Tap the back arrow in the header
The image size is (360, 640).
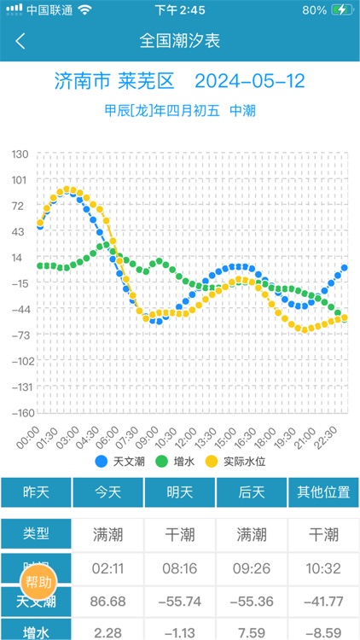pyautogui.click(x=20, y=40)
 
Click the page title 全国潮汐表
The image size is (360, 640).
pyautogui.click(x=180, y=40)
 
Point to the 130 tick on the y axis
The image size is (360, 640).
pyautogui.click(x=20, y=154)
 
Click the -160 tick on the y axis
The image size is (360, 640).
pyautogui.click(x=18, y=412)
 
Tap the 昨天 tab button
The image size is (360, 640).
pyautogui.click(x=36, y=493)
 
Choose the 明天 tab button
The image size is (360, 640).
pyautogui.click(x=180, y=493)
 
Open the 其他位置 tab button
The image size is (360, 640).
pyautogui.click(x=323, y=493)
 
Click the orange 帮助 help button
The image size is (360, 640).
pyautogui.click(x=38, y=583)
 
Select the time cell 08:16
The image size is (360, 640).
pyautogui.click(x=180, y=568)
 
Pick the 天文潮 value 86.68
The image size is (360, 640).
pyautogui.click(x=108, y=601)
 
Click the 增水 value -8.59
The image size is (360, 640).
pyautogui.click(x=323, y=631)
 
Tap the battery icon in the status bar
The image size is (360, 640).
pyautogui.click(x=341, y=10)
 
